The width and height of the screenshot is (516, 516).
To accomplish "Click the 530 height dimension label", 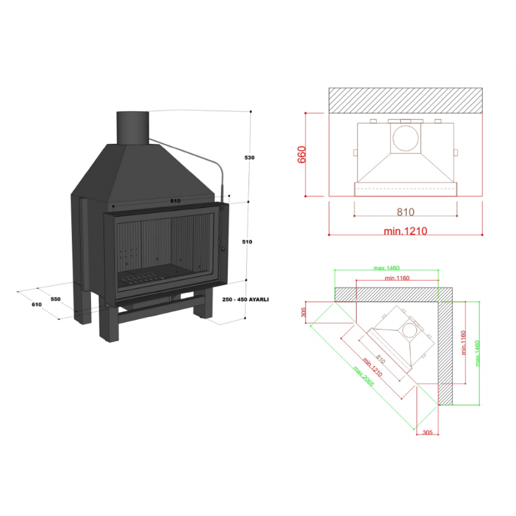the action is [249, 157].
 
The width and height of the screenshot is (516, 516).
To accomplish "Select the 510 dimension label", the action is [247, 242].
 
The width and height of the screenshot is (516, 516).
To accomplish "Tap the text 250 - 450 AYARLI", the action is [246, 299].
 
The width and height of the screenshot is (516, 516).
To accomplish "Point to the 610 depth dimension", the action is [37, 304].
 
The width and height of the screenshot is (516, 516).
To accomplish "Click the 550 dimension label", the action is [56, 299].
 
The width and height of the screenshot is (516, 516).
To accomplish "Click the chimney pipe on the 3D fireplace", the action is [133, 127].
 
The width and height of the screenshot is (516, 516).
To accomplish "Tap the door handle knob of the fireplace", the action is [223, 249].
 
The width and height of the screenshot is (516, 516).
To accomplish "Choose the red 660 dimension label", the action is [301, 155].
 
